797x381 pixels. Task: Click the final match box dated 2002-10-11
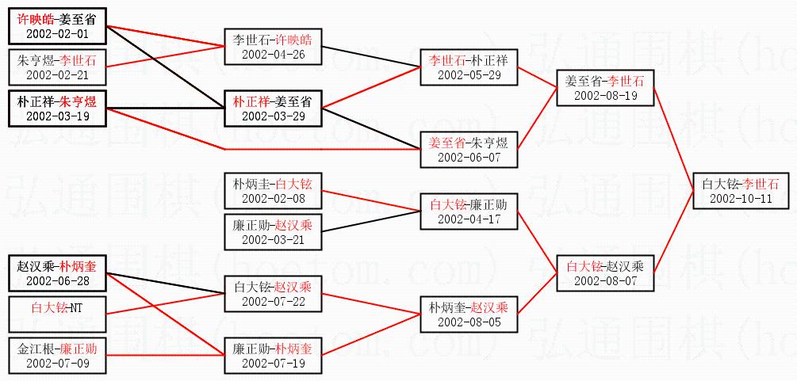point(741,191)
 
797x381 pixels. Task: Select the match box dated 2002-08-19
point(605,88)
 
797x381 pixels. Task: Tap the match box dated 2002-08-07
point(605,272)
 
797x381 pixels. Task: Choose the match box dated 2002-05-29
point(468,67)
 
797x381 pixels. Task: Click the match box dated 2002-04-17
point(468,211)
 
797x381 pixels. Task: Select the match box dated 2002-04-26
point(272,47)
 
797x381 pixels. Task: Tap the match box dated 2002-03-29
point(272,109)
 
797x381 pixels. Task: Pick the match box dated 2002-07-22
point(272,294)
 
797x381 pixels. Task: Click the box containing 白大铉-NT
point(57,314)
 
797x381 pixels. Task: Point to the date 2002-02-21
point(57,75)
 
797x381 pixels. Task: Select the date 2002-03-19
point(57,116)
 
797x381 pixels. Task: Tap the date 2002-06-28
point(57,280)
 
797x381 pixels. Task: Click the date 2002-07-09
point(57,363)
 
